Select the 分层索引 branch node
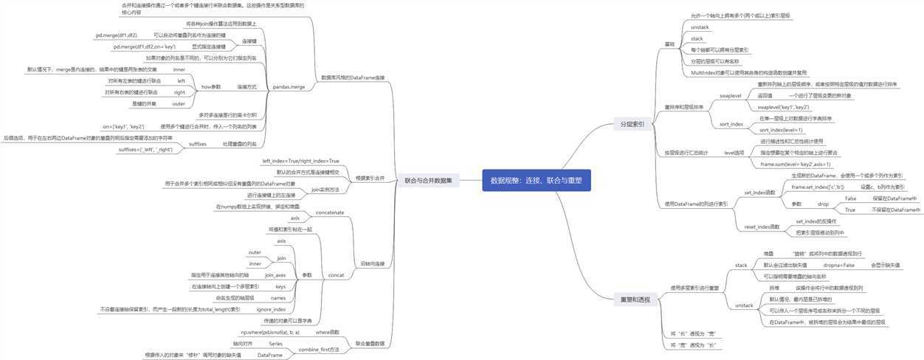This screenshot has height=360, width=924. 632,125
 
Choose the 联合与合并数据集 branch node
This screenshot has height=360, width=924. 432,180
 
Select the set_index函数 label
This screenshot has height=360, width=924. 759,193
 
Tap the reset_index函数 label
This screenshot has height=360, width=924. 762,226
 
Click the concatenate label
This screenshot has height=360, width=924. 329,212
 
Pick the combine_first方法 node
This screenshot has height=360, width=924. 319,349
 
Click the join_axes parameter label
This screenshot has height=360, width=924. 275,274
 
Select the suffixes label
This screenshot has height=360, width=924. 197,144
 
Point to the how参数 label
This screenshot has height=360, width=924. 211,86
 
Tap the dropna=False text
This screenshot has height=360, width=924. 838,264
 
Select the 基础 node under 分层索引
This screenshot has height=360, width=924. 669,44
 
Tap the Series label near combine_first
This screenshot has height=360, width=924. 275,344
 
